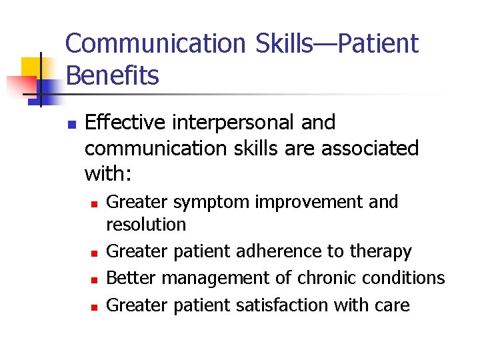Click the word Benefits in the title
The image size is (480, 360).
113,76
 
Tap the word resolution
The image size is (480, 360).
146,224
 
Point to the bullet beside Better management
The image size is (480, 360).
94,279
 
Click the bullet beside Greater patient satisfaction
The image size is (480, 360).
94,307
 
